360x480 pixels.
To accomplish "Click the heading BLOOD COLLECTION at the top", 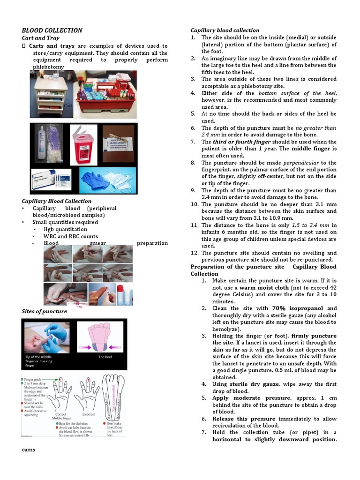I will coord(52,30).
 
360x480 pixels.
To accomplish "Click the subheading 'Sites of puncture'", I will coord(45,311).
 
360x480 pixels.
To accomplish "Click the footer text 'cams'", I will coord(29,450).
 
